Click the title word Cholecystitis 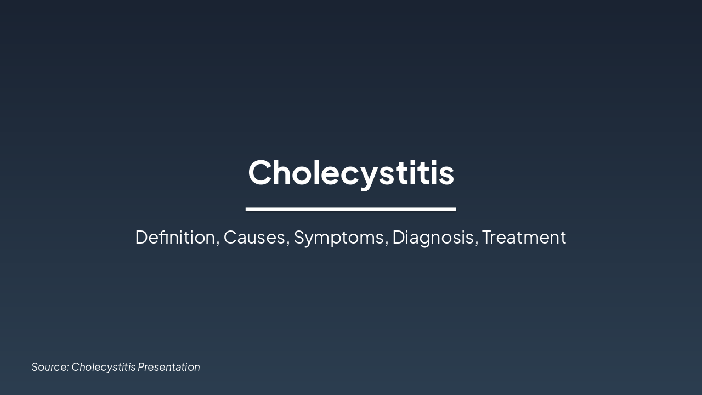pyautogui.click(x=351, y=172)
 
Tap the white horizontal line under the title pyautogui.click(x=351, y=209)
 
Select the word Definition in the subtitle pyautogui.click(x=175, y=237)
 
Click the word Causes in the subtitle pyautogui.click(x=254, y=237)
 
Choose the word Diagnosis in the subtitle pyautogui.click(x=433, y=237)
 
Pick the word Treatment pyautogui.click(x=524, y=237)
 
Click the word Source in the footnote pyautogui.click(x=49, y=366)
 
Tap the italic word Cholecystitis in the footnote pyautogui.click(x=103, y=366)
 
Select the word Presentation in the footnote pyautogui.click(x=169, y=366)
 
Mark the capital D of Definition pyautogui.click(x=141, y=237)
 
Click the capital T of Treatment pyautogui.click(x=488, y=237)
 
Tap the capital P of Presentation pyautogui.click(x=141, y=366)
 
